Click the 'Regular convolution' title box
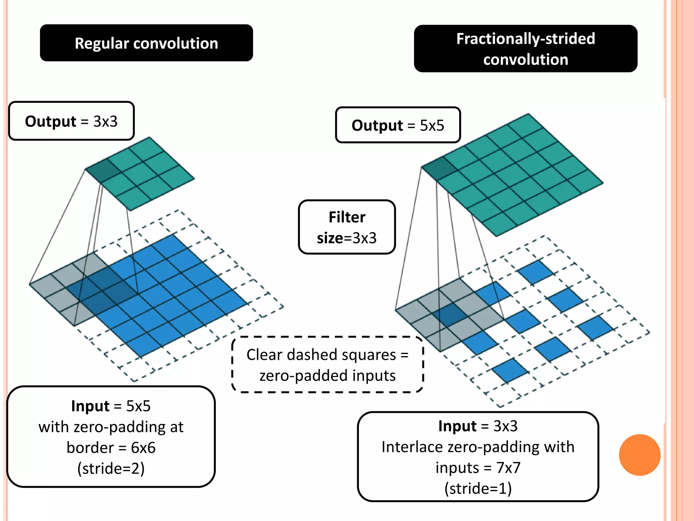146,43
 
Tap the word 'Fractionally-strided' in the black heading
525,39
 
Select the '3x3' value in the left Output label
105,121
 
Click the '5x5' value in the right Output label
432,126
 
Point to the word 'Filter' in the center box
347,217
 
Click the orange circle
639,455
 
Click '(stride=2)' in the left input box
111,468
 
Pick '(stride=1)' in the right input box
478,488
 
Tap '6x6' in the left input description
143,448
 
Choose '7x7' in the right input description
508,468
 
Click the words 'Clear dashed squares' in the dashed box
321,355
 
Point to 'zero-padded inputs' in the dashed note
327,376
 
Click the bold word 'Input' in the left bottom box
90,406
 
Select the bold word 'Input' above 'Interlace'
457,426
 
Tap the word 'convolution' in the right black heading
525,60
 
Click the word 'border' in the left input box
90,448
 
